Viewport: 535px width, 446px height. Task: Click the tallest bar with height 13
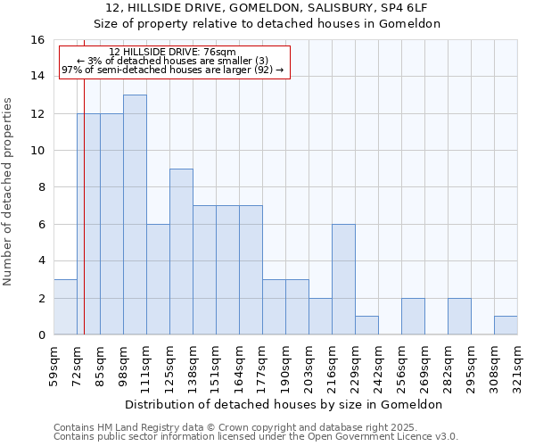tap(135, 215)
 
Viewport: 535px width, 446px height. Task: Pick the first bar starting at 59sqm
tap(65, 307)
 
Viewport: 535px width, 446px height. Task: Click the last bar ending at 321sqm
tap(506, 326)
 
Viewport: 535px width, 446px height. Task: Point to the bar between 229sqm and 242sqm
tap(366, 326)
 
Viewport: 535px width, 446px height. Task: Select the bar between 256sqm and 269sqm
tap(413, 317)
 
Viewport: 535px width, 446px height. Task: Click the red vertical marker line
tap(84, 223)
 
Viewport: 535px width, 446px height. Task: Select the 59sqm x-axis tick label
tap(54, 366)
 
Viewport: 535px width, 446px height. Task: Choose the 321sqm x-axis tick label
tap(518, 366)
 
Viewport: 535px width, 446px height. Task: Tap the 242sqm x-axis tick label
tap(379, 366)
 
